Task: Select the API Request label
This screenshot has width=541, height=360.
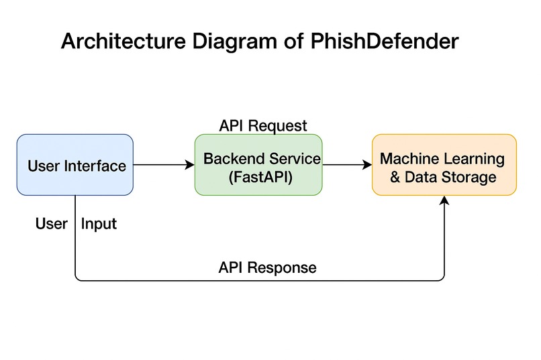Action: [263, 125]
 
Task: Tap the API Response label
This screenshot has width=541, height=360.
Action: [267, 267]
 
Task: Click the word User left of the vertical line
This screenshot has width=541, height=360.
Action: [52, 224]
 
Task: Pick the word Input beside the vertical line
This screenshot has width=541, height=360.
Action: [99, 224]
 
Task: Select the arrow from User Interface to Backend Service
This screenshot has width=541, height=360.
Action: [164, 164]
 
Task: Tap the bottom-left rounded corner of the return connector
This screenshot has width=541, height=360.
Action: [77, 278]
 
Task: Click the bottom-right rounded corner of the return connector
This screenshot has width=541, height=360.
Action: [442, 278]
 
